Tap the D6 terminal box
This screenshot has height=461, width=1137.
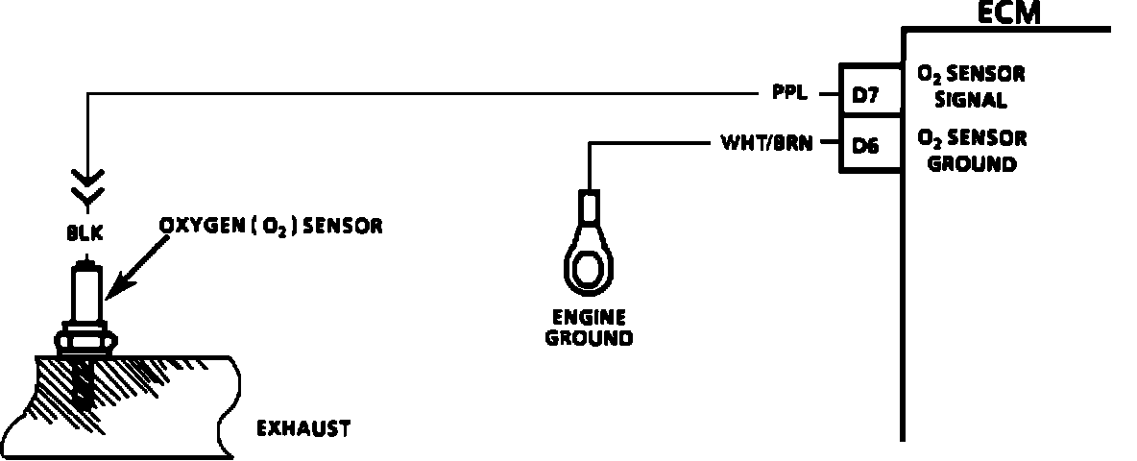pos(868,146)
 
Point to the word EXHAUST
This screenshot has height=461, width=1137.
pos(302,428)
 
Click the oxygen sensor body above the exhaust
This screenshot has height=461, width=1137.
pos(87,297)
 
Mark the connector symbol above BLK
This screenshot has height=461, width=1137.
pos(87,188)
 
